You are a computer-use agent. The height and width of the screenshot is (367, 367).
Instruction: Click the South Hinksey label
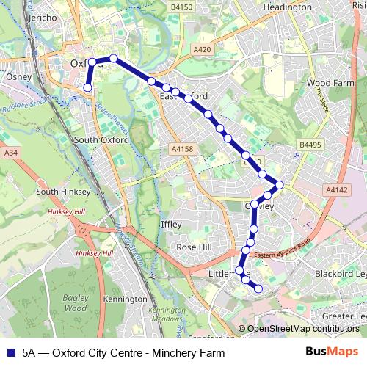pos(57,192)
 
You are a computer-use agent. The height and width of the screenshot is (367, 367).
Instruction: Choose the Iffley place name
pos(170,225)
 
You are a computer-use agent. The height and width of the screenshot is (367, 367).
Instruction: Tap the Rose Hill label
pos(194,247)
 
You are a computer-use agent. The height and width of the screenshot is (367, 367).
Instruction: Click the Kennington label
pos(126,299)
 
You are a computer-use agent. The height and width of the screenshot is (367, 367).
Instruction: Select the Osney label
pos(15,76)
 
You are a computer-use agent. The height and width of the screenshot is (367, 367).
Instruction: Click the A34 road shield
pos(10,153)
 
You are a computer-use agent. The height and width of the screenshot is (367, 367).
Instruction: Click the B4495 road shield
pos(311,145)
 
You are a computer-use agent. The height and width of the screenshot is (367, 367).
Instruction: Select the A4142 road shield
pos(336,189)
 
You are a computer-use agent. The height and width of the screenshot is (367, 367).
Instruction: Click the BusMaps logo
pos(338,352)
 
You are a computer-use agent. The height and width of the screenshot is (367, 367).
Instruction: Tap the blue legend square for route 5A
pos(10,352)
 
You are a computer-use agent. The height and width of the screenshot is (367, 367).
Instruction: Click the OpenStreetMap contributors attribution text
pos(302,329)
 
